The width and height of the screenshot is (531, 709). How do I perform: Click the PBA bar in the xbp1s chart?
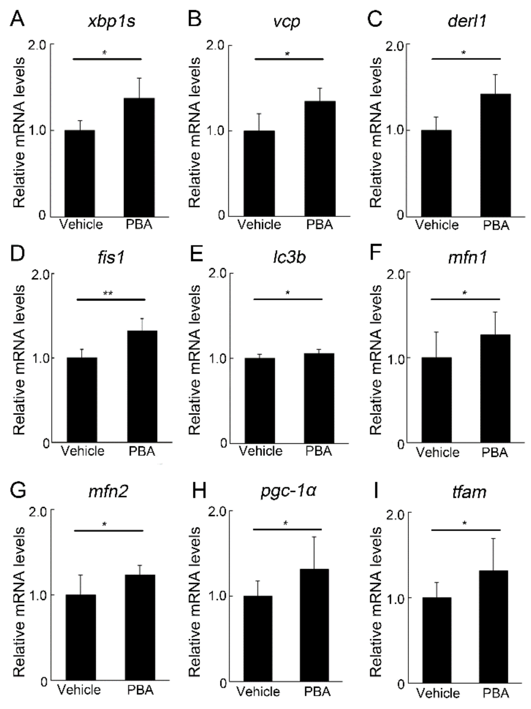click(x=139, y=157)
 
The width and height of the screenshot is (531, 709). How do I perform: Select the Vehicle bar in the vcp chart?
click(x=259, y=173)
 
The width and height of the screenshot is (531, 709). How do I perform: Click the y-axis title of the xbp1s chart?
click(x=19, y=132)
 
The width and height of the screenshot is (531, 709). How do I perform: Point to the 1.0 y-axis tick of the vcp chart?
click(x=217, y=131)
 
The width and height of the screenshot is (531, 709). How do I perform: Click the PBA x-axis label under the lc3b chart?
click(x=319, y=451)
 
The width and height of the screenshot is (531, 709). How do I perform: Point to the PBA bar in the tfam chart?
click(x=493, y=627)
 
